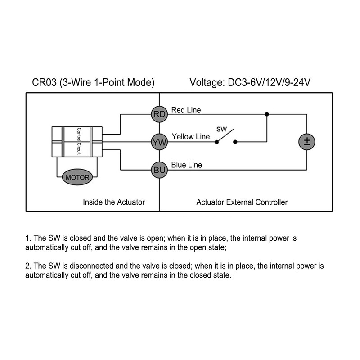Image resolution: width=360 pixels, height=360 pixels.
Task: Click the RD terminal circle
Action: coord(159,114)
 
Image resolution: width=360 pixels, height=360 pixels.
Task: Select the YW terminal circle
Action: coord(159,142)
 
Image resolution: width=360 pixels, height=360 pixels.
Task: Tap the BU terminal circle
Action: coord(159,170)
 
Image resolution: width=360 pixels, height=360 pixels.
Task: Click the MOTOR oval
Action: coord(77,177)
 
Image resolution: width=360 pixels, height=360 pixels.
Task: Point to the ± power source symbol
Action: coord(307,142)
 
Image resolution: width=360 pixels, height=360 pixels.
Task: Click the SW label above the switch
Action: coord(221,129)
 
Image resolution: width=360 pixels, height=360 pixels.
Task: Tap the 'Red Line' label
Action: coord(186,110)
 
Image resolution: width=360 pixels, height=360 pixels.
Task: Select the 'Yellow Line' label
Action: coord(191,137)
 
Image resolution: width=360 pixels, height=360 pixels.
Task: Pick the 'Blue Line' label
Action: coord(187,165)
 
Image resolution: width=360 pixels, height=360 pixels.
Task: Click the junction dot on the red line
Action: coord(267,114)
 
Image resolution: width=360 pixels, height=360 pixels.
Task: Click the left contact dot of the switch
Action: coord(216,142)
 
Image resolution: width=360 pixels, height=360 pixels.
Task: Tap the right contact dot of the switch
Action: coord(235,142)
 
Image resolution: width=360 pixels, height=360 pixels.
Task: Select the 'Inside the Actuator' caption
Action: coord(114,202)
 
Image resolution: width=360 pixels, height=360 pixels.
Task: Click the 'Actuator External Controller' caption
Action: coord(242,202)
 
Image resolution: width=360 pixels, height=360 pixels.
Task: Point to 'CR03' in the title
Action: coord(44,82)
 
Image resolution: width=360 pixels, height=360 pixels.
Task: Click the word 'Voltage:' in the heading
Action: coord(207,83)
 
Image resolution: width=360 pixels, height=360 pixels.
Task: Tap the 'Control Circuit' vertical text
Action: coord(79,141)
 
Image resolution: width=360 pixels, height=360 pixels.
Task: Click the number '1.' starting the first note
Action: coord(28,238)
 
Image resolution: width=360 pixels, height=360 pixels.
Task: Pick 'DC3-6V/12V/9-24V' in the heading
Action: coord(269,82)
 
